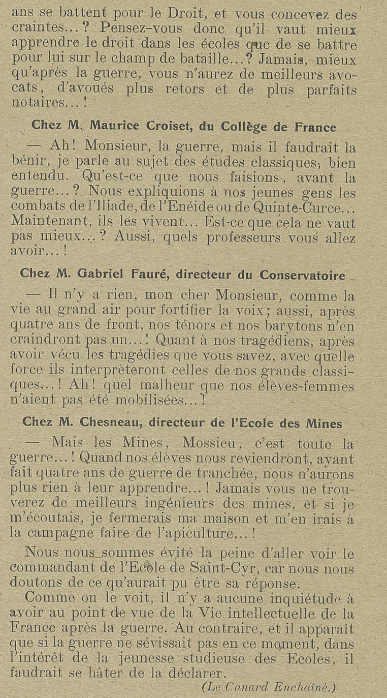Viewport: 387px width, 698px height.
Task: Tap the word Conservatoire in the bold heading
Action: (302, 275)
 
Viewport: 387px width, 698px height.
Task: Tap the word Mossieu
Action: (211, 444)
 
